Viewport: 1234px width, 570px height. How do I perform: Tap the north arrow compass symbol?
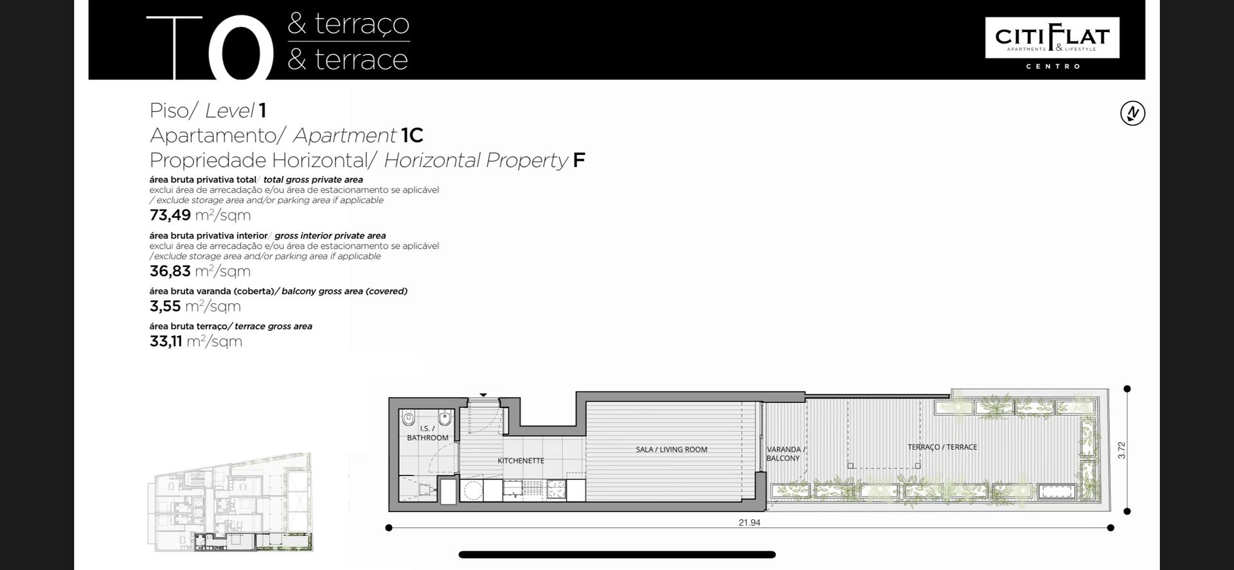pyautogui.click(x=1132, y=113)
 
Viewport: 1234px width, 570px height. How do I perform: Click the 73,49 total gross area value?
pyautogui.click(x=170, y=215)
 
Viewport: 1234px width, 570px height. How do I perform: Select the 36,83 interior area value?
pyautogui.click(x=170, y=271)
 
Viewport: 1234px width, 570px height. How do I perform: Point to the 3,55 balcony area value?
pyautogui.click(x=165, y=306)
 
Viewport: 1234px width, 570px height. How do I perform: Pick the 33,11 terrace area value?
pyautogui.click(x=166, y=341)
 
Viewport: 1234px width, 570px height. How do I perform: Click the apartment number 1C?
pyautogui.click(x=412, y=136)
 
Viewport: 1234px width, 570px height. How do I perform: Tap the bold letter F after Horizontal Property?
pyautogui.click(x=579, y=160)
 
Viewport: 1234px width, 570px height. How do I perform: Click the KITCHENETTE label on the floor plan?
pyautogui.click(x=521, y=461)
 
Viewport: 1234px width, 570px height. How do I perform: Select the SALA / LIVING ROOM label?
pyautogui.click(x=672, y=450)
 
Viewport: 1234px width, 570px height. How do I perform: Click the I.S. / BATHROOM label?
pyautogui.click(x=427, y=433)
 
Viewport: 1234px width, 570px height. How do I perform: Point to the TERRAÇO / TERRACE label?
pyautogui.click(x=942, y=447)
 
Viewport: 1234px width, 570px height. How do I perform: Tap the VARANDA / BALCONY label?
pyautogui.click(x=784, y=454)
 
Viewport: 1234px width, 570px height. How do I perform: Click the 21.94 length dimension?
pyautogui.click(x=749, y=523)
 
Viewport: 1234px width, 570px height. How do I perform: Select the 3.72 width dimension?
pyautogui.click(x=1122, y=450)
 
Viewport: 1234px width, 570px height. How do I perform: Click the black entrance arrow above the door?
pyautogui.click(x=483, y=395)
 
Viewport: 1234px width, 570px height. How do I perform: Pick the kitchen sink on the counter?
pyautogui.click(x=513, y=490)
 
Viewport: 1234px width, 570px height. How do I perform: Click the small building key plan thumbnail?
pyautogui.click(x=231, y=502)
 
